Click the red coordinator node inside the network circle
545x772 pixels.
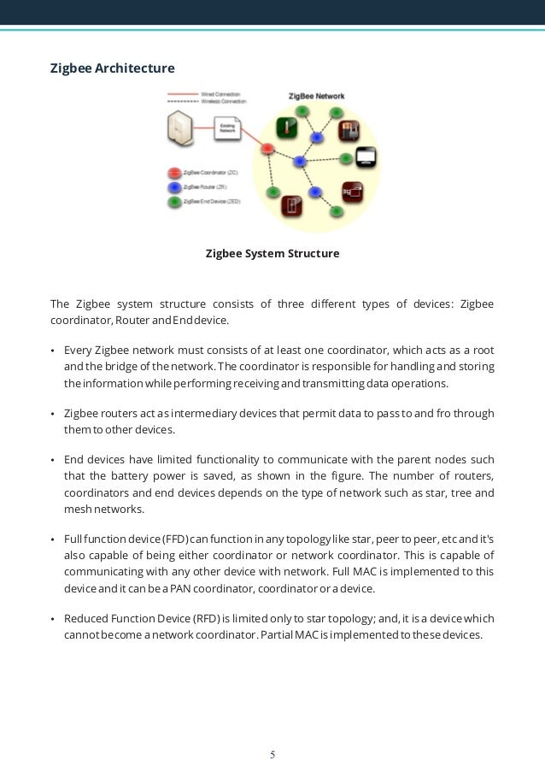267,148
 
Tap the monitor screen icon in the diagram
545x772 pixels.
366,157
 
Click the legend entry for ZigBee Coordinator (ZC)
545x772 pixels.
208,172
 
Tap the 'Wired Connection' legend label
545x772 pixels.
220,93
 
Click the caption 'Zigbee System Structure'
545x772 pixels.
272,254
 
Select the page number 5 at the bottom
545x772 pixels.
272,755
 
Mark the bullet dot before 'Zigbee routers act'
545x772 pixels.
53,414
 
